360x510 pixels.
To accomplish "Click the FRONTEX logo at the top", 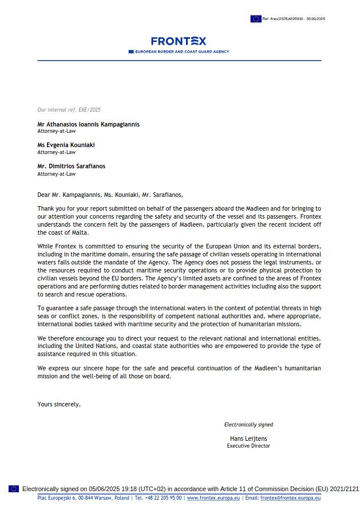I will pyautogui.click(x=179, y=41).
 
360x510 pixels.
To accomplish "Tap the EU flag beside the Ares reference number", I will pyautogui.click(x=255, y=19).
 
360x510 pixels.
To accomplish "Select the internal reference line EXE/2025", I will pyautogui.click(x=69, y=110).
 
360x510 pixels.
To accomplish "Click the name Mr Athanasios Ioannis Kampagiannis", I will pyautogui.click(x=88, y=124).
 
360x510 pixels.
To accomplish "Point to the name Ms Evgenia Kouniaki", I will pyautogui.click(x=66, y=145).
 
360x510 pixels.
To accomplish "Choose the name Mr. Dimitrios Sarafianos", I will pyautogui.click(x=71, y=167).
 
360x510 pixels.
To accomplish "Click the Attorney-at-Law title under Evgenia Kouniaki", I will pyautogui.click(x=56, y=152).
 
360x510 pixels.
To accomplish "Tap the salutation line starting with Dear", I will pyautogui.click(x=110, y=195).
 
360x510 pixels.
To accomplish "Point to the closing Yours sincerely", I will pyautogui.click(x=59, y=404).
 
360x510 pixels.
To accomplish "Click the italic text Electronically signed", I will pyautogui.click(x=248, y=425).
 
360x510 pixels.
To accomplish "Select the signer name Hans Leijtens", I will pyautogui.click(x=248, y=438).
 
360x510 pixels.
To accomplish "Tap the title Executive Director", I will pyautogui.click(x=248, y=445).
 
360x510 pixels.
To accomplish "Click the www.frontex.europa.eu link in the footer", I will pyautogui.click(x=213, y=498).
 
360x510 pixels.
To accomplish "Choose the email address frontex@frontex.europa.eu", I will pyautogui.click(x=290, y=498).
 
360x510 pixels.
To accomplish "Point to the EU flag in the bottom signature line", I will pyautogui.click(x=14, y=489).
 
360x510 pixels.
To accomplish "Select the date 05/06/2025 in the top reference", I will pyautogui.click(x=315, y=19).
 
